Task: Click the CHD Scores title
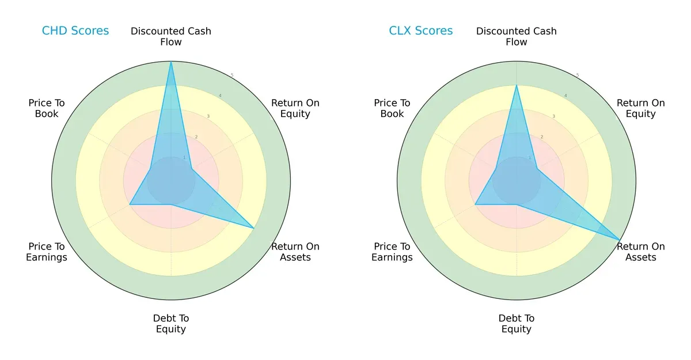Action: [x=75, y=31]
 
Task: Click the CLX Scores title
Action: [x=421, y=31]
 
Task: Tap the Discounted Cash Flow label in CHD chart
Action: [x=171, y=36]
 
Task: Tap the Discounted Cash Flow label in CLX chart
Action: [x=517, y=36]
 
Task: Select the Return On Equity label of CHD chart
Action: [x=295, y=108]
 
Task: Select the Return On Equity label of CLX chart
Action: [x=641, y=108]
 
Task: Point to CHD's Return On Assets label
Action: [x=295, y=252]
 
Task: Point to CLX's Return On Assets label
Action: [x=641, y=252]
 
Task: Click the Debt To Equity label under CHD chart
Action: [x=171, y=324]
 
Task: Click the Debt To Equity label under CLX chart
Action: [x=517, y=324]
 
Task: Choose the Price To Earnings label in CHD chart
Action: [x=47, y=252]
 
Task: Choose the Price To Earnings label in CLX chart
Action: [x=392, y=252]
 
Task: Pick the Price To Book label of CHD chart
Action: [x=47, y=108]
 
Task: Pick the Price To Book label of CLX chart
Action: [x=392, y=108]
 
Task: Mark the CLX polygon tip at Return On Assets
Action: [x=620, y=240]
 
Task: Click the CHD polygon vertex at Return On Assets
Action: [x=254, y=228]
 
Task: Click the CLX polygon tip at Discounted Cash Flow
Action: [x=517, y=85]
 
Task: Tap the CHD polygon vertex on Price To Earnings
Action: [x=130, y=204]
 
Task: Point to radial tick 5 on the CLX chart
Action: [x=578, y=75]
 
